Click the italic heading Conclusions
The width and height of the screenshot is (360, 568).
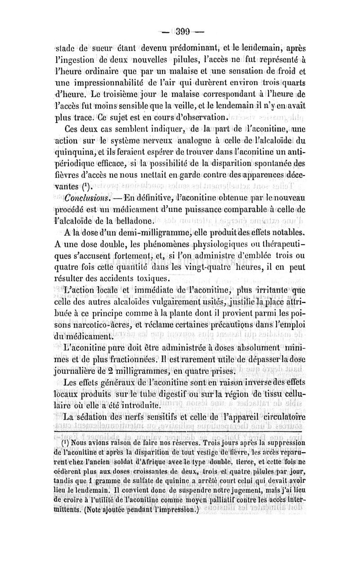(x=85, y=198)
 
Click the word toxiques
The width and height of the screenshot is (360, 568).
(x=139, y=279)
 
